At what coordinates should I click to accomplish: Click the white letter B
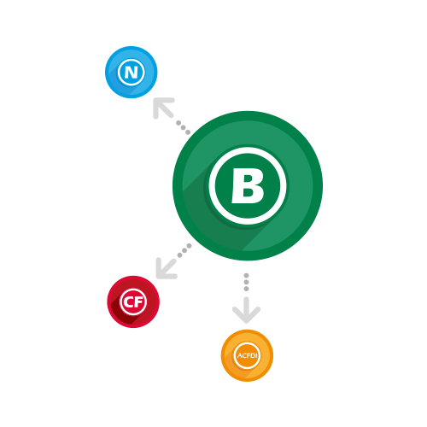248,185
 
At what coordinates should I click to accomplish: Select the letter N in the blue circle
132,73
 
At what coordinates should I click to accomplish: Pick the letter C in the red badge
127,301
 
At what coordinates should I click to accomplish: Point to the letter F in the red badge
137,301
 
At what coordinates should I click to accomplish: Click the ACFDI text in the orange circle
247,355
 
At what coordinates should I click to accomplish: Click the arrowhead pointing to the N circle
161,106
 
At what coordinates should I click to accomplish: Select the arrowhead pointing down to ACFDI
247,312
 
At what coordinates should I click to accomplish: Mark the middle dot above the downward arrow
247,282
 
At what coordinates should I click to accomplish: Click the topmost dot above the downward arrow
247,275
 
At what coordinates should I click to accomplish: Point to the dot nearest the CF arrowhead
179,255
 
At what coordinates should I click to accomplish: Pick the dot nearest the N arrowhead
178,123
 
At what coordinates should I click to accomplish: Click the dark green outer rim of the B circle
177,185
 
